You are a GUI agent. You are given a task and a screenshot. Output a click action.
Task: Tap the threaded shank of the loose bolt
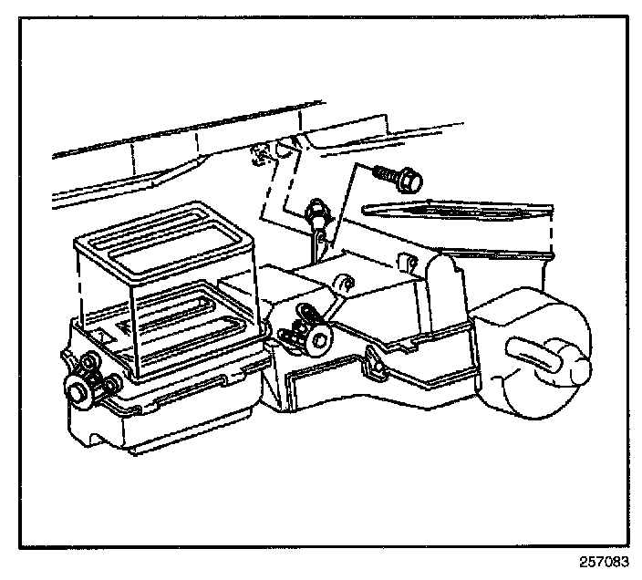click(385, 172)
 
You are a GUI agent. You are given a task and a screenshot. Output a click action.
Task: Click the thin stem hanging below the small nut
click(315, 239)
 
